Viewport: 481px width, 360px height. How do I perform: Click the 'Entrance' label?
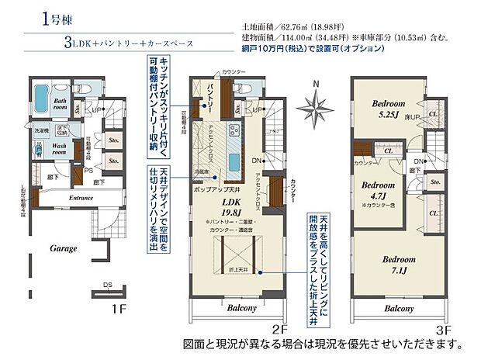point(81,198)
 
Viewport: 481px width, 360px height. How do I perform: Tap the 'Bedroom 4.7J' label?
point(379,191)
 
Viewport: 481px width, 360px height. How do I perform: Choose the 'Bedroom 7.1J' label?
point(398,264)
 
